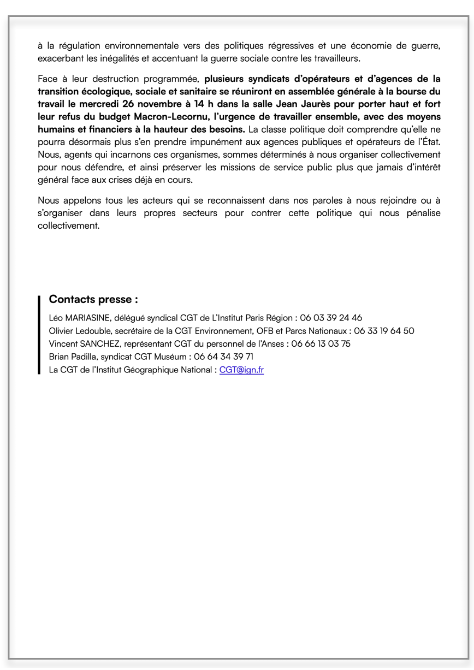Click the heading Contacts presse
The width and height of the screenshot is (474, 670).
tap(93, 300)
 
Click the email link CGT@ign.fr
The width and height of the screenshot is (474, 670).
tap(241, 370)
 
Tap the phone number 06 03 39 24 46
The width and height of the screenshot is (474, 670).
tap(331, 318)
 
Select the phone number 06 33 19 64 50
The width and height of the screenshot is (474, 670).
tap(384, 331)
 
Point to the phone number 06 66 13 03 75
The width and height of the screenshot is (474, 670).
tap(321, 344)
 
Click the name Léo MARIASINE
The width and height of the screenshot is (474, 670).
tap(80, 318)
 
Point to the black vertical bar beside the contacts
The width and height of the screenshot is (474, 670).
tap(39, 334)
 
